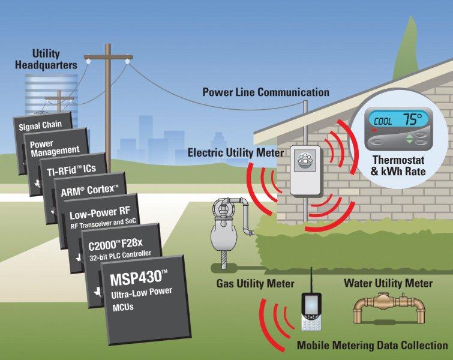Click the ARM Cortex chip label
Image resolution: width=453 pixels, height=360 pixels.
pyautogui.click(x=90, y=191)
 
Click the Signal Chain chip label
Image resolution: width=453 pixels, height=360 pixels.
pyautogui.click(x=41, y=125)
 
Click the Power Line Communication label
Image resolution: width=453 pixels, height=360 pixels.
pyautogui.click(x=265, y=92)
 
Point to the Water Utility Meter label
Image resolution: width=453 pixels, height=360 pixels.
pyautogui.click(x=388, y=282)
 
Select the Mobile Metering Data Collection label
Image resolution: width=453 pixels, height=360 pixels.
pyautogui.click(x=372, y=346)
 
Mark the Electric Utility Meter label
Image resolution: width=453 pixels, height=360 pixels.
pyautogui.click(x=236, y=153)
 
